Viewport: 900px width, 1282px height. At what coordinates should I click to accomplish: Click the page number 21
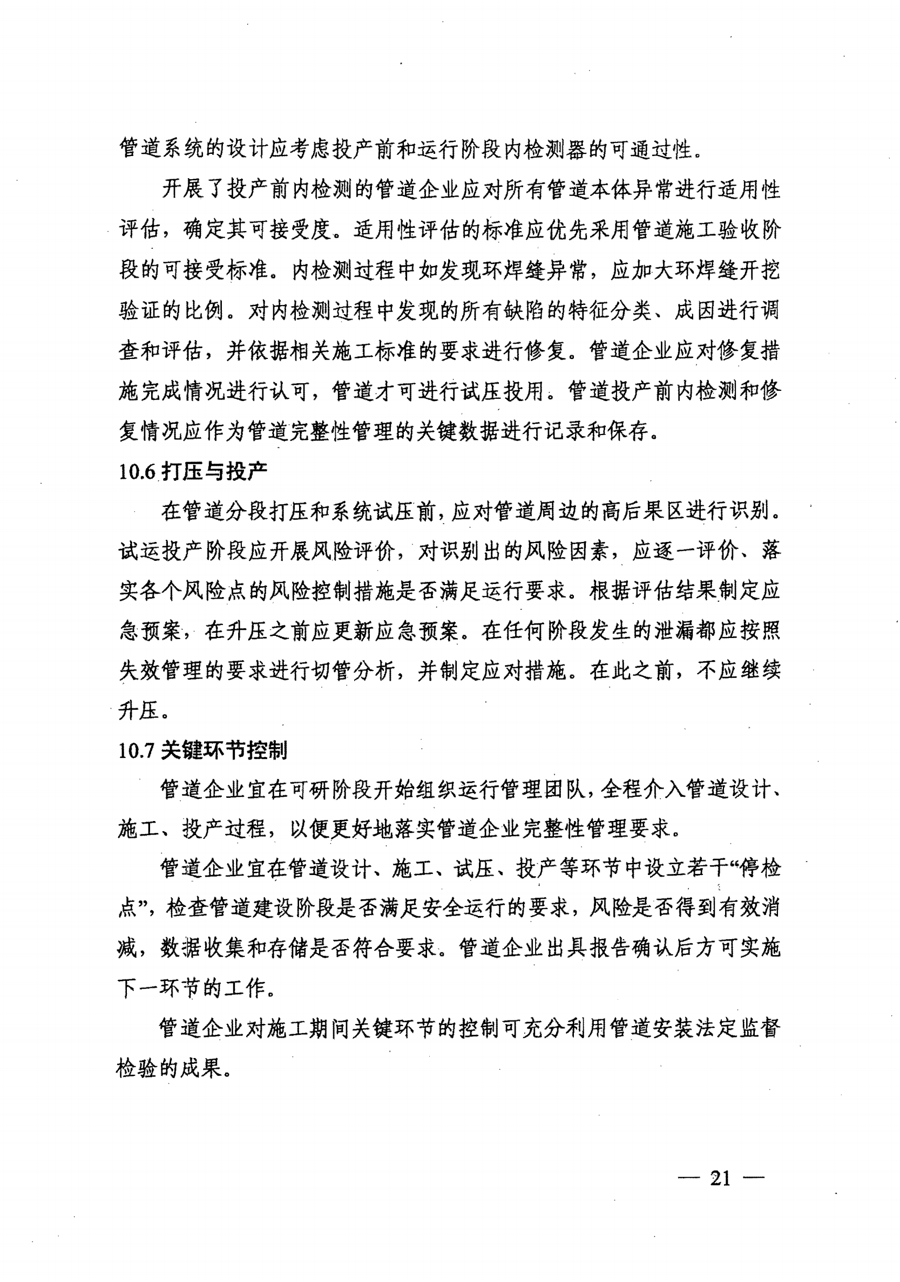[x=720, y=1178]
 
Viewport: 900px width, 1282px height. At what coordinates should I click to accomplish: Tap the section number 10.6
[x=136, y=472]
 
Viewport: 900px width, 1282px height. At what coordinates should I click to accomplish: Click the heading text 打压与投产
[x=214, y=472]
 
